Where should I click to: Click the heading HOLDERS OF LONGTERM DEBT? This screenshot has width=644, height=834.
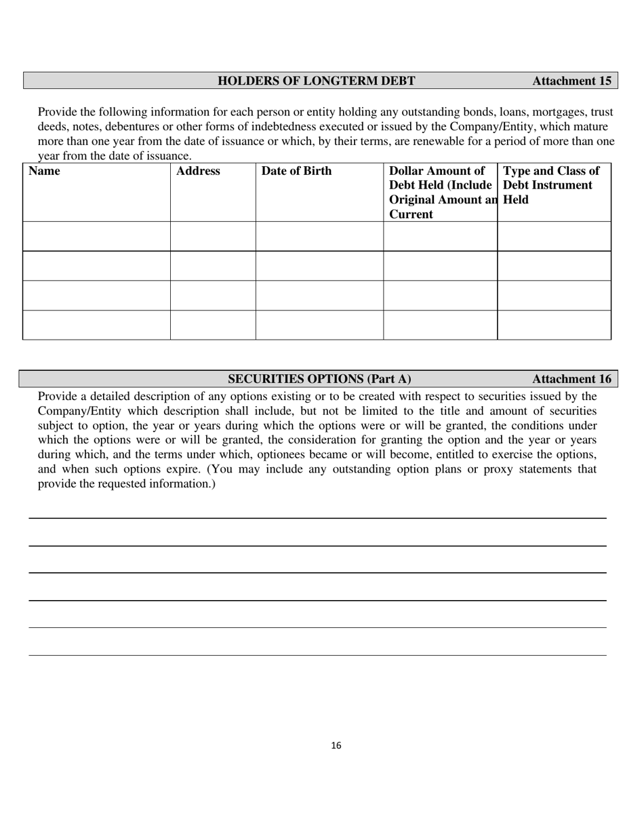point(316,81)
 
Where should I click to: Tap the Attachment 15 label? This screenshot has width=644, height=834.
point(571,81)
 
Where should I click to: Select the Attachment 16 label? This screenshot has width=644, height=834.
point(571,379)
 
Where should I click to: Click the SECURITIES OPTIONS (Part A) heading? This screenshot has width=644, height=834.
point(319,379)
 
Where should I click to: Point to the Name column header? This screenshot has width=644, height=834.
point(44,171)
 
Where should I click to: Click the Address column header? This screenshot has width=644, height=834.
point(198,171)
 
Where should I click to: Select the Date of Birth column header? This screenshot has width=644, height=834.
point(296,171)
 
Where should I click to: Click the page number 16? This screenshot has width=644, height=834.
point(336,746)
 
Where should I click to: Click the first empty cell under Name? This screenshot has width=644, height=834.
point(96,236)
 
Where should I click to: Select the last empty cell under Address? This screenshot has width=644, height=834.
point(213,325)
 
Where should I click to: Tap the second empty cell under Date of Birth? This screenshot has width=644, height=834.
point(319,266)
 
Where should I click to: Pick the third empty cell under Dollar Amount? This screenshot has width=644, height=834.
point(440,296)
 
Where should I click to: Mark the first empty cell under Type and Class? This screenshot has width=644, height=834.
point(554,236)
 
